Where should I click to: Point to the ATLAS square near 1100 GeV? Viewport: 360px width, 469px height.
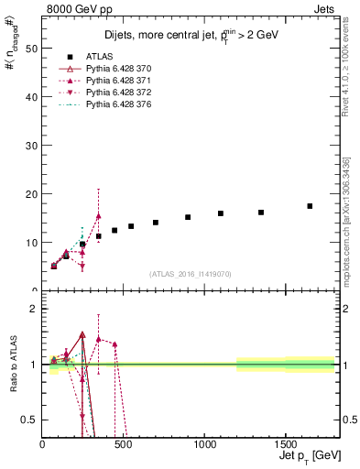[221, 213]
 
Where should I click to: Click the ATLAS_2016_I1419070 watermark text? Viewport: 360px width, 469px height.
[191, 274]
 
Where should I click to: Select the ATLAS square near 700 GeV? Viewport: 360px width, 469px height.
[156, 223]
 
